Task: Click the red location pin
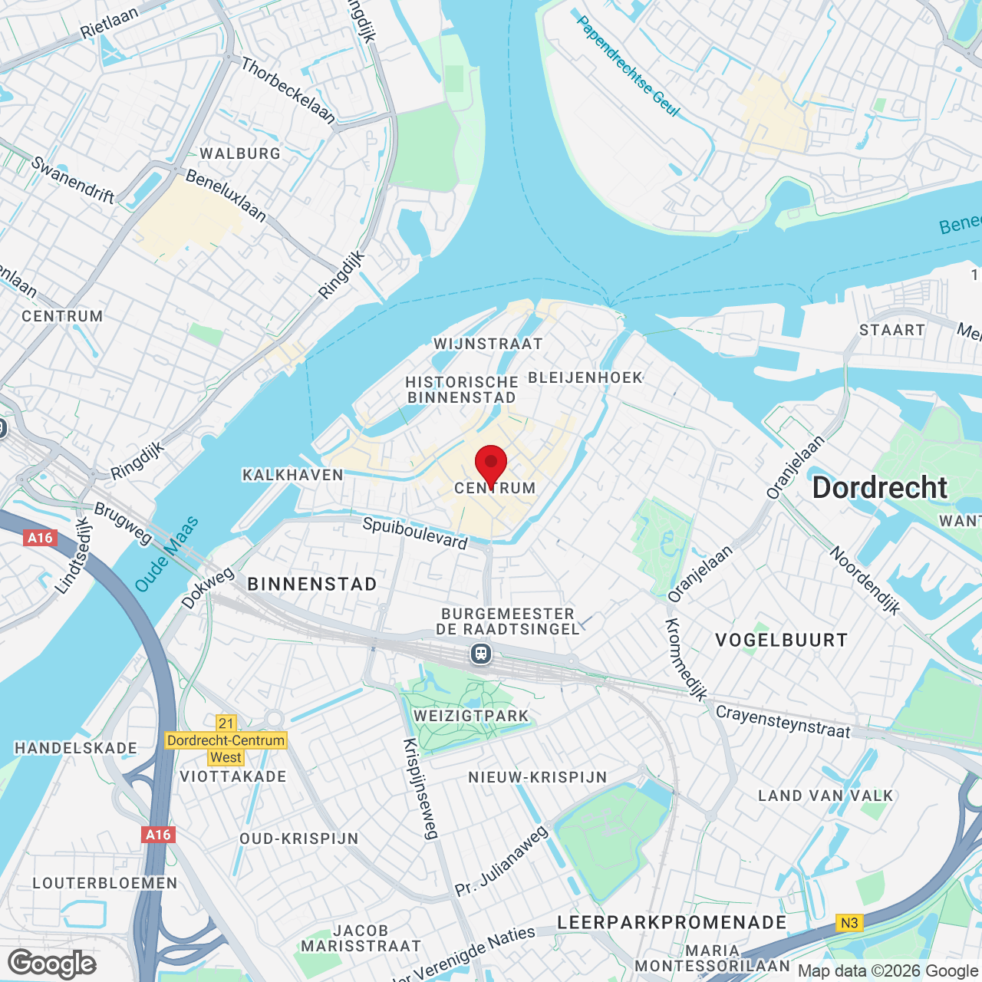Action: [491, 464]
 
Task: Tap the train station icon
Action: [481, 654]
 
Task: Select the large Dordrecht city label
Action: [880, 488]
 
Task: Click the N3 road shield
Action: [849, 923]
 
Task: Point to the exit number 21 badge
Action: [226, 723]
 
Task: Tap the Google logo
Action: [52, 964]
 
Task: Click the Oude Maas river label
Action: [166, 555]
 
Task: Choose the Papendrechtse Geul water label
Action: [628, 67]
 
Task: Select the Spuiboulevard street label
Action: [415, 533]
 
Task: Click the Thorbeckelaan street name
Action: [288, 91]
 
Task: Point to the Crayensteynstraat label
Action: [783, 722]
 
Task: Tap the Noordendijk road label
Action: [865, 581]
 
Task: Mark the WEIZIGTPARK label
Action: [471, 716]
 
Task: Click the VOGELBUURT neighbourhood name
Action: [781, 641]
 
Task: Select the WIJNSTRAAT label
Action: [488, 344]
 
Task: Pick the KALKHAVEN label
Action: [293, 475]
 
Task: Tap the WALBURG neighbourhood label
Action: [240, 153]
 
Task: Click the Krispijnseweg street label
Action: [420, 789]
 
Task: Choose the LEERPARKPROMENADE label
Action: [672, 922]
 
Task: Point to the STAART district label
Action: [891, 330]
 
